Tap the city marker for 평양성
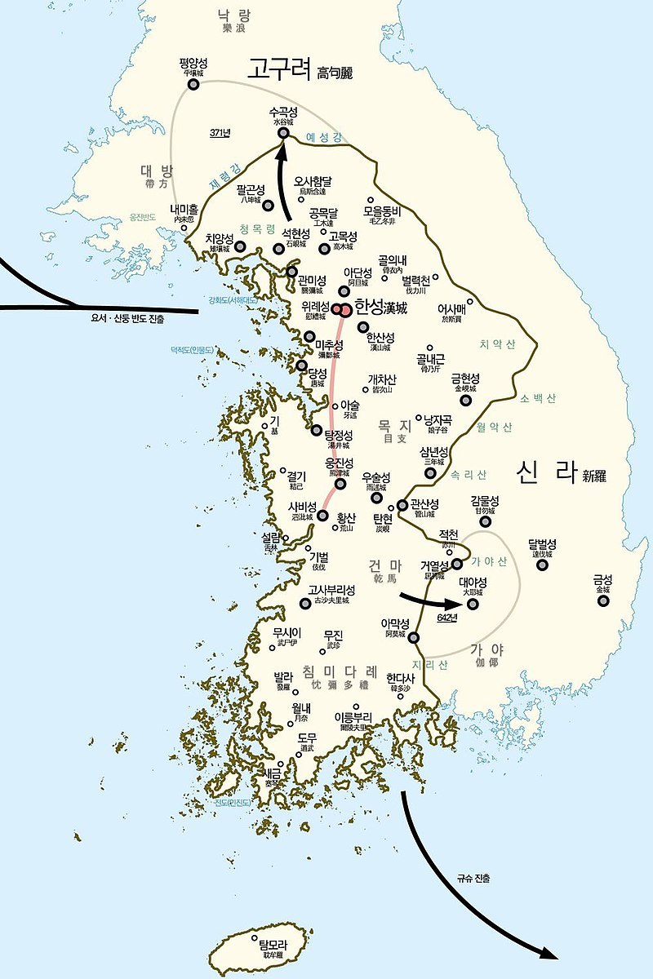tap(193, 84)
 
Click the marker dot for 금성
tap(603, 601)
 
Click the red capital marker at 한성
tap(346, 310)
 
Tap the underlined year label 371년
tap(220, 133)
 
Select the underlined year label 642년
tap(446, 618)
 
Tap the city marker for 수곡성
tap(283, 133)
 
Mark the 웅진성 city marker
tap(340, 484)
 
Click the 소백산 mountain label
tap(538, 398)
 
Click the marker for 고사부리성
tap(305, 604)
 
